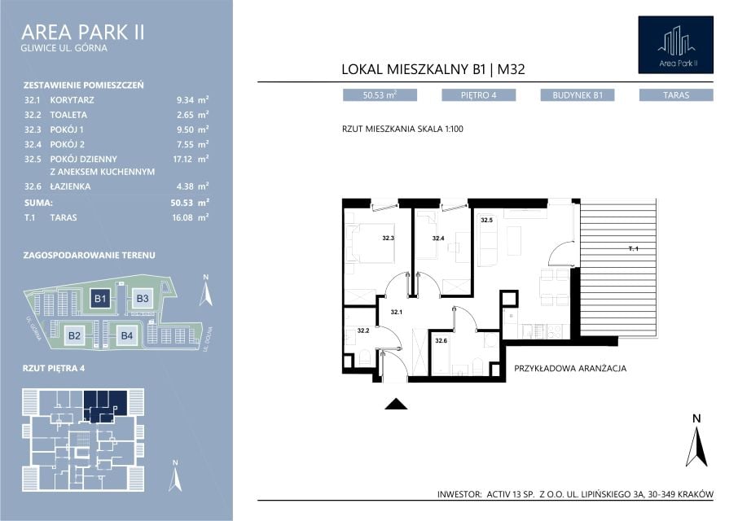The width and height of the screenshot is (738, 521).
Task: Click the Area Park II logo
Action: pos(675,45)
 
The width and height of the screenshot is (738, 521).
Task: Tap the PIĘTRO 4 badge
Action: pos(479,95)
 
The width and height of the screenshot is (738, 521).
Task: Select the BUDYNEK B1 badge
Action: pos(578,95)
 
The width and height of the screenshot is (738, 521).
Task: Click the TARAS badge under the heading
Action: pos(676,95)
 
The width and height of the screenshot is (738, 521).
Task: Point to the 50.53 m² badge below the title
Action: pos(380,95)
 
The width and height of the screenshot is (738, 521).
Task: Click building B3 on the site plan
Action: pos(142,298)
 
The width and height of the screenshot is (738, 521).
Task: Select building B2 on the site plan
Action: pos(74,335)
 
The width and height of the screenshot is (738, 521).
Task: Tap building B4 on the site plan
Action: pos(126,335)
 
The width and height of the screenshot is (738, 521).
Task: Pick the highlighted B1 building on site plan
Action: pos(100,298)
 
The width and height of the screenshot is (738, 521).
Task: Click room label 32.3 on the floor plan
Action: pos(389,239)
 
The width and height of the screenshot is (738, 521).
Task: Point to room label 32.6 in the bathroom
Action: pos(441,341)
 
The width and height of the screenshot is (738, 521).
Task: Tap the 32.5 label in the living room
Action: pos(486,220)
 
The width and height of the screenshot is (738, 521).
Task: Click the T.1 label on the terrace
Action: pos(634,249)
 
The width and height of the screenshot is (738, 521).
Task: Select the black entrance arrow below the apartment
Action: pos(397,405)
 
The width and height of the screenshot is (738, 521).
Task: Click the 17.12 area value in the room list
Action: pos(182,159)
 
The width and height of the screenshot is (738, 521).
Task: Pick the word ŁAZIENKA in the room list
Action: pos(70,186)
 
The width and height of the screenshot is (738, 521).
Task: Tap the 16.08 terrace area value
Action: pos(182,217)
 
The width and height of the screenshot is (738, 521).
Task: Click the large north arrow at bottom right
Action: pos(697,447)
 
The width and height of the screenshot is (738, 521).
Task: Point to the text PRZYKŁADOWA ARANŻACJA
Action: pos(570,368)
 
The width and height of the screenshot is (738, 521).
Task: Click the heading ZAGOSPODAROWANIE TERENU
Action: pos(89,256)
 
